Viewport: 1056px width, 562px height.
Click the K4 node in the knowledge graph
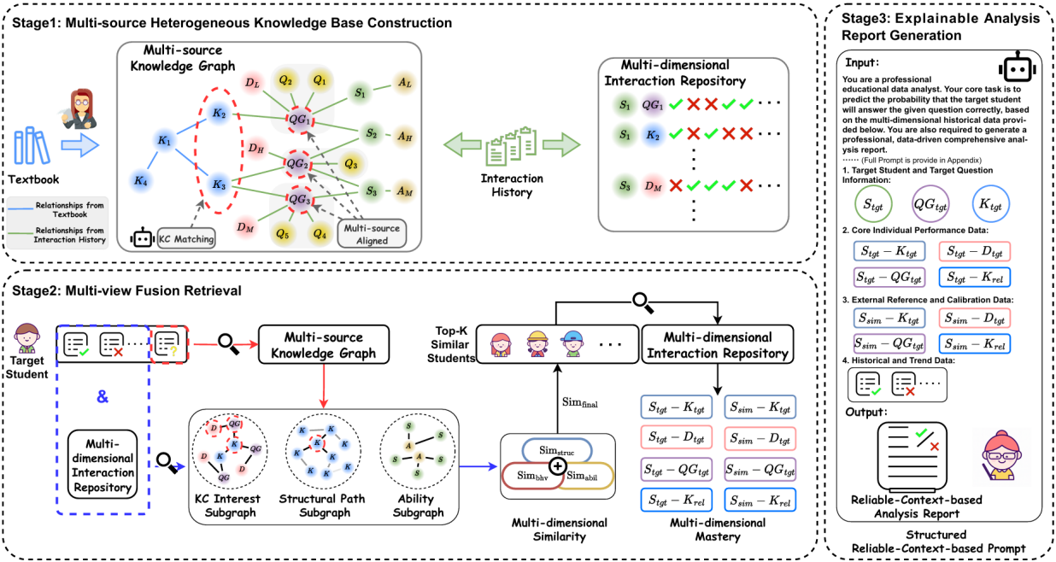click(140, 180)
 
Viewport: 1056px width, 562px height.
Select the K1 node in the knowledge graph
click(164, 140)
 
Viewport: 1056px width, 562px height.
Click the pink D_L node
click(253, 82)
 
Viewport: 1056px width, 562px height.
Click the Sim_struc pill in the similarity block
click(557, 451)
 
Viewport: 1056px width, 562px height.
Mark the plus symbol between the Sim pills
click(557, 466)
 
